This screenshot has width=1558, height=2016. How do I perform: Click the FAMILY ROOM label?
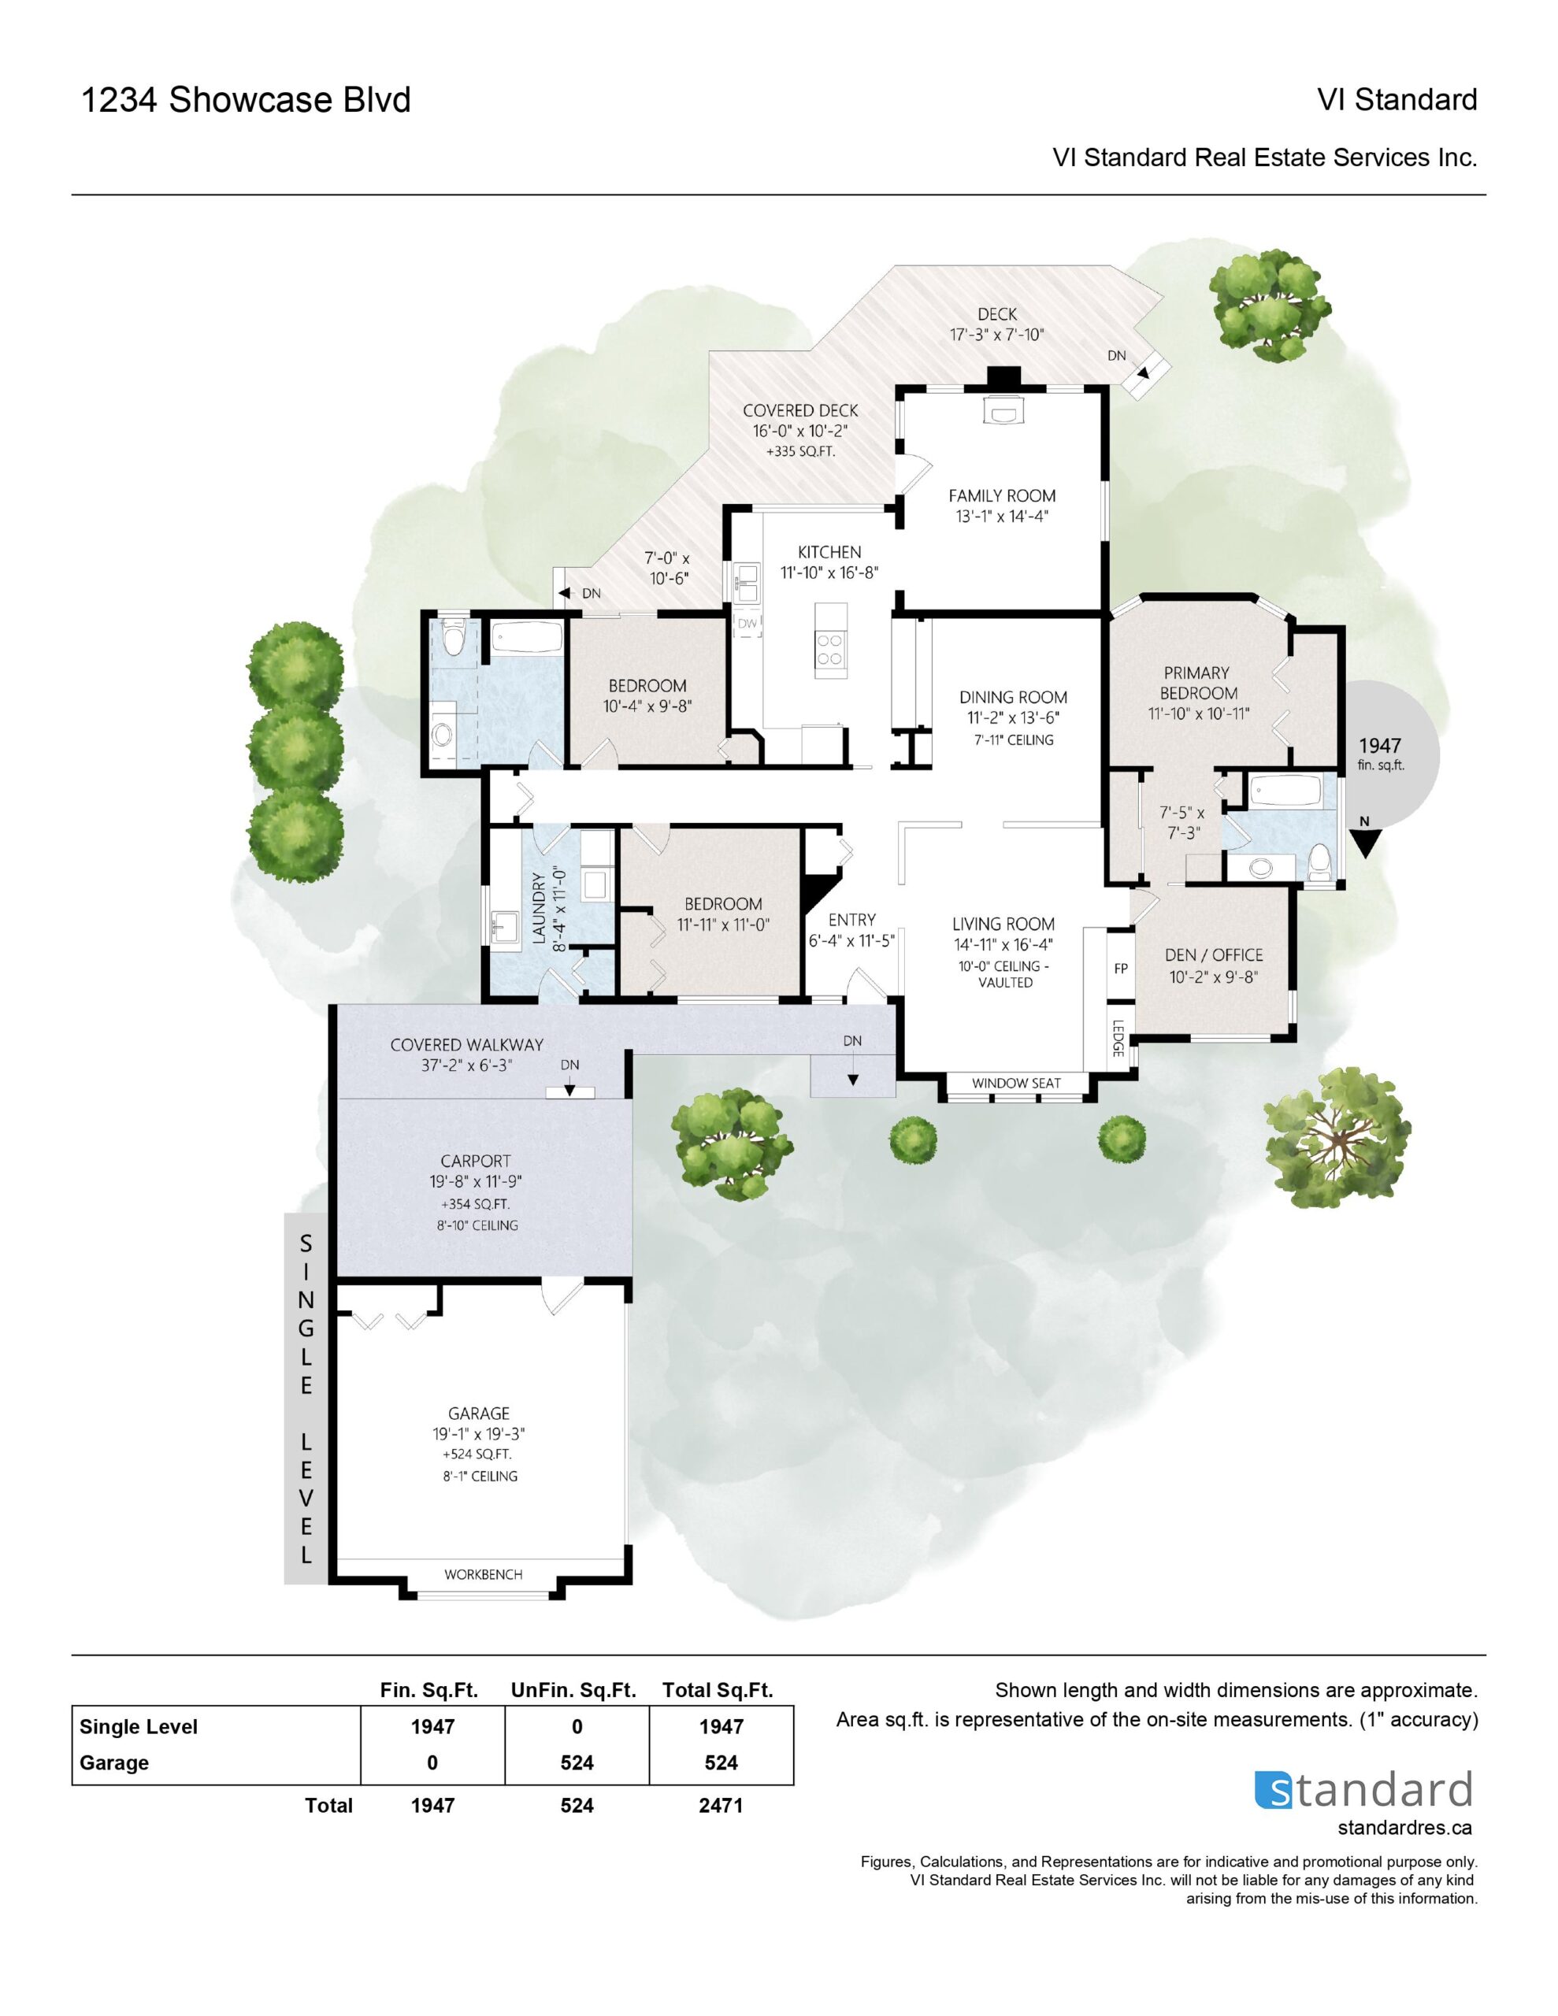(x=1001, y=495)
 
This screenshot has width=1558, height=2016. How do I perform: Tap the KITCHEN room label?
(x=829, y=552)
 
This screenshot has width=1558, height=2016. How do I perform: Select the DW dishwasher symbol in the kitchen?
(x=747, y=624)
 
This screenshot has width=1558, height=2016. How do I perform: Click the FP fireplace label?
(x=1120, y=969)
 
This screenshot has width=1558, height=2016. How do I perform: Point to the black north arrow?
(x=1365, y=843)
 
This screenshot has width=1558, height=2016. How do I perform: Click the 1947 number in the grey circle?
(x=1380, y=745)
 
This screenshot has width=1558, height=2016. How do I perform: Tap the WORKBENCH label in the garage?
(x=483, y=1575)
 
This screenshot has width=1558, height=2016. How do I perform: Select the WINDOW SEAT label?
(x=1016, y=1083)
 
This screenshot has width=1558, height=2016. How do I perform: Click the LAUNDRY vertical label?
(x=540, y=907)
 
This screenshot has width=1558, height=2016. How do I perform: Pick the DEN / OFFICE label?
(x=1214, y=955)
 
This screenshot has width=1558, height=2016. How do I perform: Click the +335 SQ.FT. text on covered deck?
(x=801, y=452)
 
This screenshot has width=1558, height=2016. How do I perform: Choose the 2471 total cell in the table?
(x=721, y=1806)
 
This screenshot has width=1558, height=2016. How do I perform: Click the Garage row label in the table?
(x=113, y=1762)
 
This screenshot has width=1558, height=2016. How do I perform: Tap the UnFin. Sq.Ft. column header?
(x=573, y=1690)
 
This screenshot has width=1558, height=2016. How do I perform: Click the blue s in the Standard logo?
(x=1273, y=1790)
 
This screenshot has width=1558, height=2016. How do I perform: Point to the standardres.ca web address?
(x=1404, y=1828)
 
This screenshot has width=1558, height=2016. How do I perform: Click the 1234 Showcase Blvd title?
(x=246, y=100)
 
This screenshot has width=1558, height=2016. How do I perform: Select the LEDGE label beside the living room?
(x=1118, y=1039)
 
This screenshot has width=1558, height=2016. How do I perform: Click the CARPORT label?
(x=476, y=1162)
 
